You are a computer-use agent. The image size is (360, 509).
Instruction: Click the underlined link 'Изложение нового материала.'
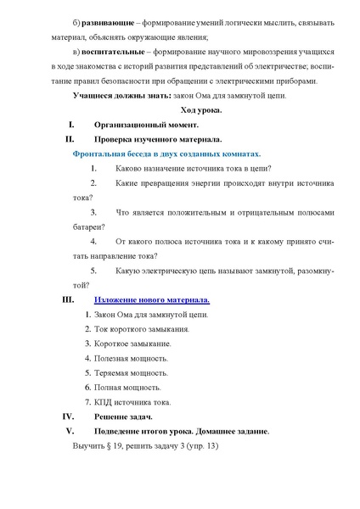click(x=151, y=299)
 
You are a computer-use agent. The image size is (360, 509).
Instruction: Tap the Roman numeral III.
click(x=70, y=299)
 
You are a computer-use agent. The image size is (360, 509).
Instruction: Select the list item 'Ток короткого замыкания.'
click(x=141, y=328)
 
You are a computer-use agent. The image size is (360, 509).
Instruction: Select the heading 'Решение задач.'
click(x=122, y=417)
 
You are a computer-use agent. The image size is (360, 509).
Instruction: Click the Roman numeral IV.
click(x=70, y=417)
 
